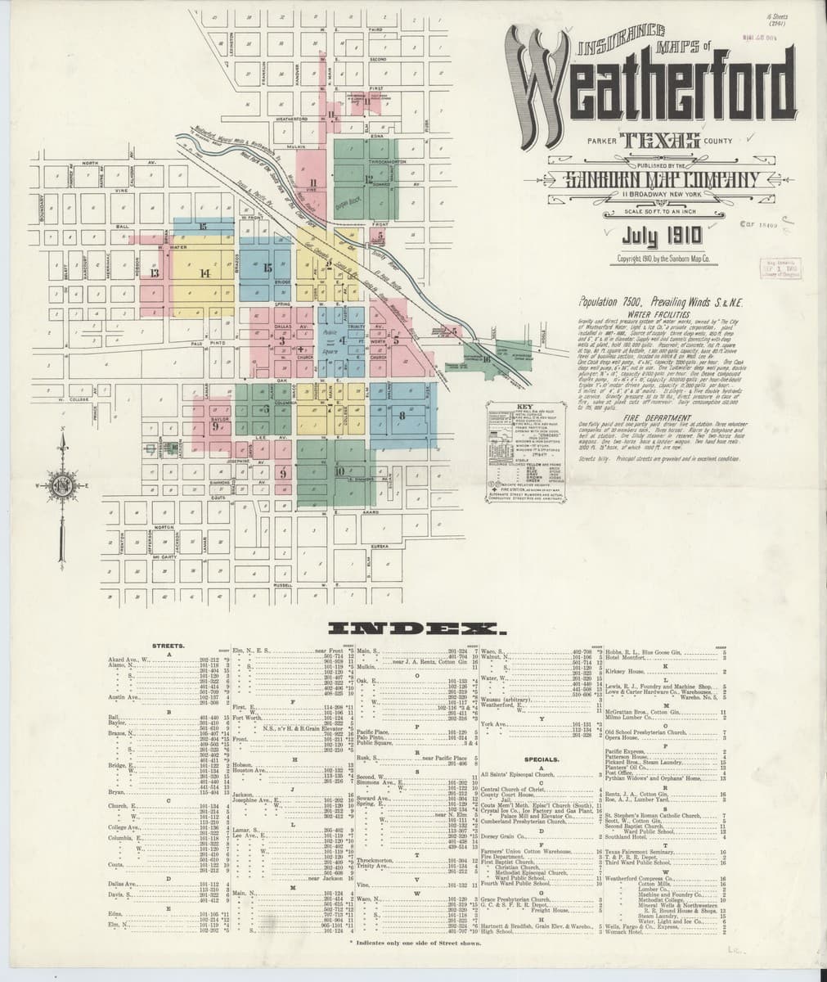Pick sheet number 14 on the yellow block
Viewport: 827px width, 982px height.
coord(205,273)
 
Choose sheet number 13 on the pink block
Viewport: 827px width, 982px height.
coord(155,273)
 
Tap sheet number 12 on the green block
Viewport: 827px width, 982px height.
coord(369,178)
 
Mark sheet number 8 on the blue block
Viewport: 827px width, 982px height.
coord(402,416)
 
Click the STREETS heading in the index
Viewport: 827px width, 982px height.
coord(169,646)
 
